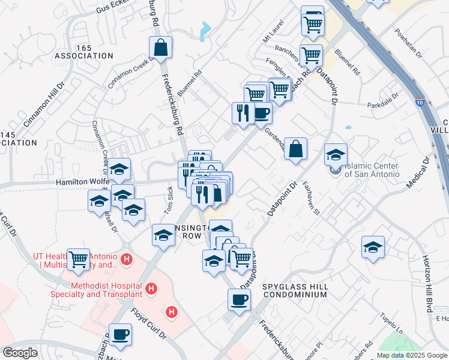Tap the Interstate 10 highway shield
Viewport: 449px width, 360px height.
point(421,103)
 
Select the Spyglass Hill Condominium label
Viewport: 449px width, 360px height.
point(295,291)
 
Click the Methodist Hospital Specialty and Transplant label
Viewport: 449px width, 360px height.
point(106,290)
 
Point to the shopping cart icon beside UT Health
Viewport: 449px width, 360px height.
point(79,259)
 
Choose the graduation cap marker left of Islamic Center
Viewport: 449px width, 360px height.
point(336,154)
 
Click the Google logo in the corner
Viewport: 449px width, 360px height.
point(20,353)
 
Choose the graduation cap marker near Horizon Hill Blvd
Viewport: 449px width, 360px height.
point(373,246)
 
